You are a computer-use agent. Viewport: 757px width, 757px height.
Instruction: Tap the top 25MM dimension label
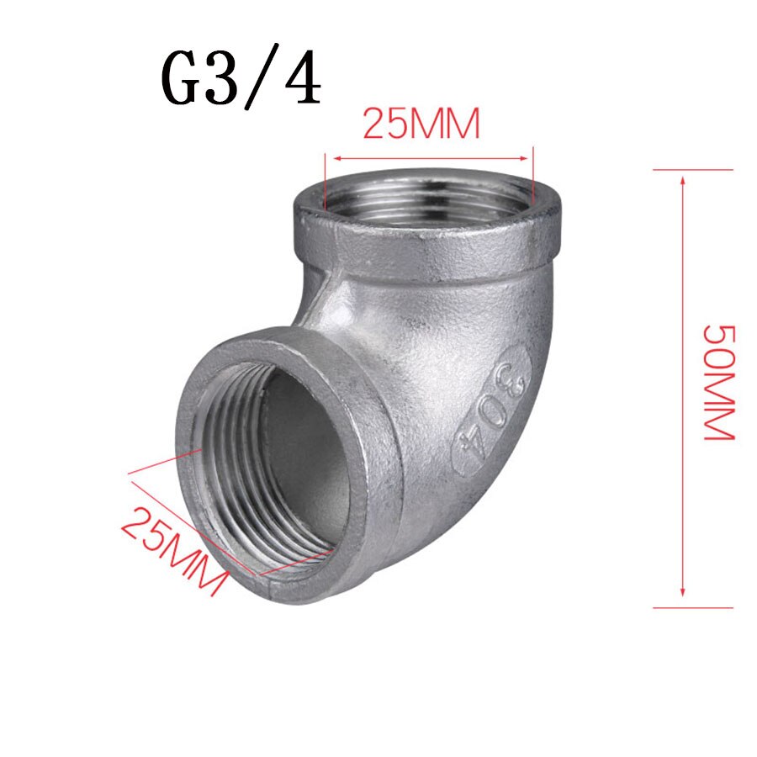(x=421, y=125)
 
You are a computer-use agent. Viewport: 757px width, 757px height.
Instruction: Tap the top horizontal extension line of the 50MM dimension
(x=693, y=169)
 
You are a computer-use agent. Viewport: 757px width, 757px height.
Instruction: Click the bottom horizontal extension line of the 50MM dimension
(x=693, y=606)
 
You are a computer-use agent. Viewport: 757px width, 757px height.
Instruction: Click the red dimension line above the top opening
(x=429, y=157)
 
